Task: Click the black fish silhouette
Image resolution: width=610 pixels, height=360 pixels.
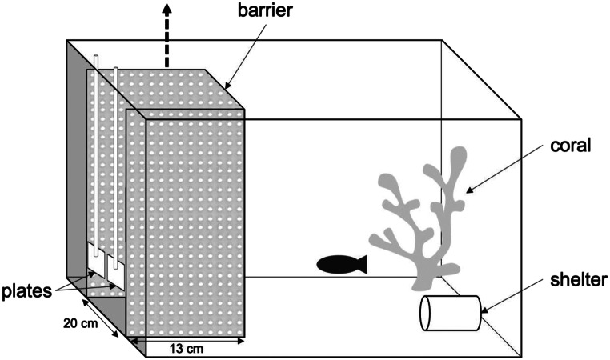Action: [339, 263]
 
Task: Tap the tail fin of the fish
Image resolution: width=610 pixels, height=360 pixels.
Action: [360, 263]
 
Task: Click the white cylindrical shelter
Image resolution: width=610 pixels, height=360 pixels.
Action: [451, 313]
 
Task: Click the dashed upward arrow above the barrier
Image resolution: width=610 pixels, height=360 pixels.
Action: [167, 32]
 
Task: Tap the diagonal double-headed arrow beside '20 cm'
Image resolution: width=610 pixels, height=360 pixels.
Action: [102, 318]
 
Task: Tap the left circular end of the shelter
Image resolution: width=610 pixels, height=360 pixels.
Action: [427, 313]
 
